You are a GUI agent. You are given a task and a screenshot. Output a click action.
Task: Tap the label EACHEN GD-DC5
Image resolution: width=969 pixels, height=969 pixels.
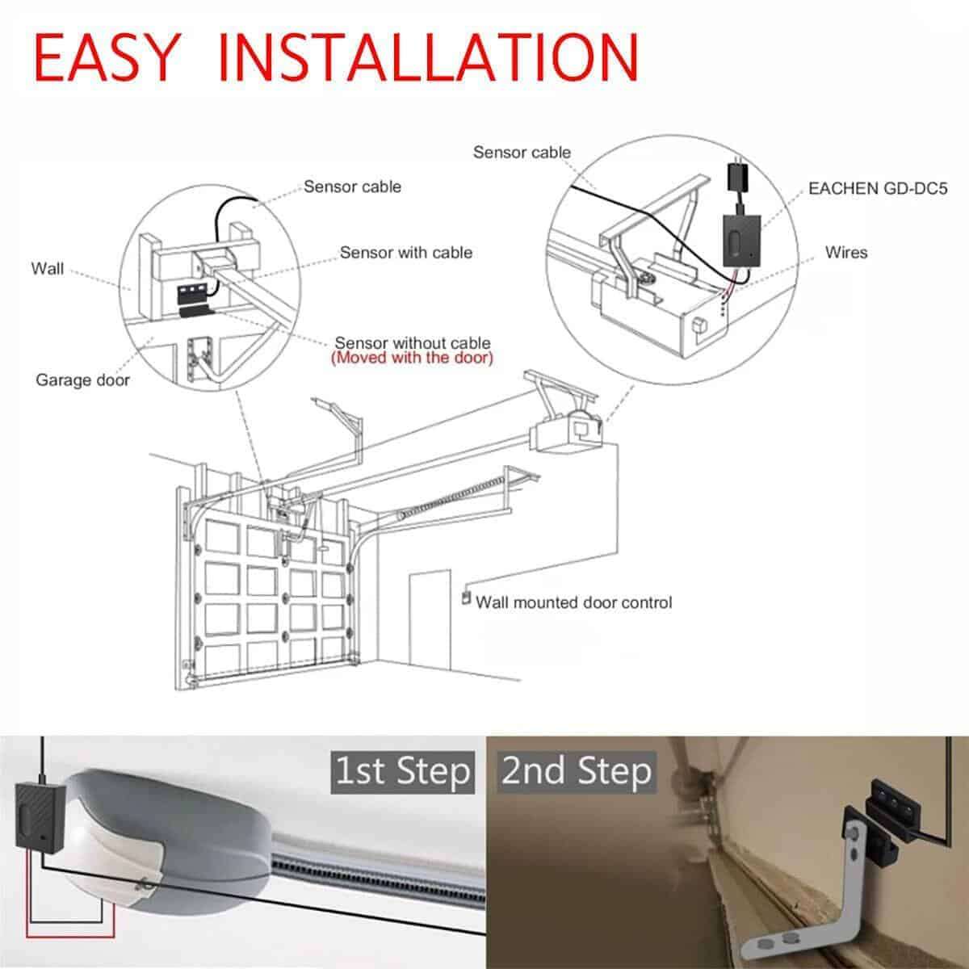point(878,188)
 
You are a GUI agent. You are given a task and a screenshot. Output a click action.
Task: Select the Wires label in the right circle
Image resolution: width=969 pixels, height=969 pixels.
point(845,253)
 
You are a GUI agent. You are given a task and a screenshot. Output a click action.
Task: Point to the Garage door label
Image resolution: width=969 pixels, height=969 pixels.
point(82,380)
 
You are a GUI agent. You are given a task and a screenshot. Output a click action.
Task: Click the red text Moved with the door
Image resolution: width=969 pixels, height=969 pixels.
point(412,358)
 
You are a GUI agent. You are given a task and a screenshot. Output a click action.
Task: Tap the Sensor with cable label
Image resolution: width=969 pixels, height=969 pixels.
point(405,253)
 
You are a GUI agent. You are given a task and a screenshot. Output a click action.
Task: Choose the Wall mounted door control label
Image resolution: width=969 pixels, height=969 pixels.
point(573,602)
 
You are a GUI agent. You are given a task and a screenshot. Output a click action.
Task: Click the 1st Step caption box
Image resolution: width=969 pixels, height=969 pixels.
point(402,771)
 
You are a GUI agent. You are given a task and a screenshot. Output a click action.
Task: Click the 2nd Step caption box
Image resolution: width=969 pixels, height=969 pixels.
point(576,771)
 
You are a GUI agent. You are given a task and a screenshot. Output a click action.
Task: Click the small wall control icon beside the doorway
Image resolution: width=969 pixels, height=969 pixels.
point(466,599)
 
